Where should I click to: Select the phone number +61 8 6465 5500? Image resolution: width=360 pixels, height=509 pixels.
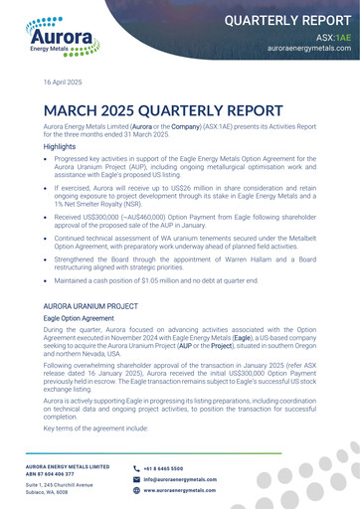[x=163, y=467]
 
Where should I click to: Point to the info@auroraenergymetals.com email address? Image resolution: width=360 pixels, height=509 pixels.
[x=180, y=479]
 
